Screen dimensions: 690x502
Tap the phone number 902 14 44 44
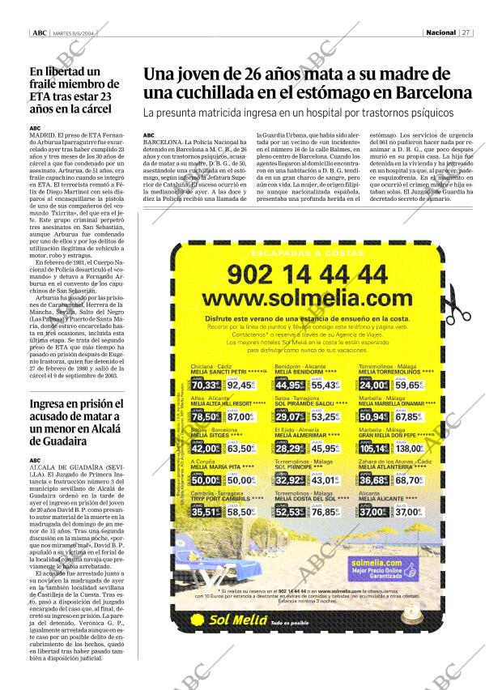click(x=307, y=275)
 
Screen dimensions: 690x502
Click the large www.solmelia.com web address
click(x=308, y=302)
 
